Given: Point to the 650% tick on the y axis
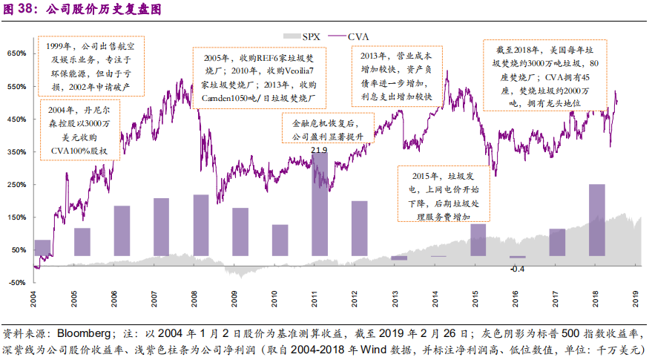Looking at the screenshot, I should click(x=16, y=53).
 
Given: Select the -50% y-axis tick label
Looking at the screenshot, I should click(x=16, y=282).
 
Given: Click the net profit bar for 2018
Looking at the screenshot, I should click(x=597, y=220).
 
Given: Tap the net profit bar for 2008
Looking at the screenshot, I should click(x=200, y=225).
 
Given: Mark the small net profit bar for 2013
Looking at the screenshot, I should click(x=399, y=258).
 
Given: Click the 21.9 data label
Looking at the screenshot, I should click(x=319, y=151).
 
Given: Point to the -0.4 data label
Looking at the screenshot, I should click(x=517, y=268).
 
